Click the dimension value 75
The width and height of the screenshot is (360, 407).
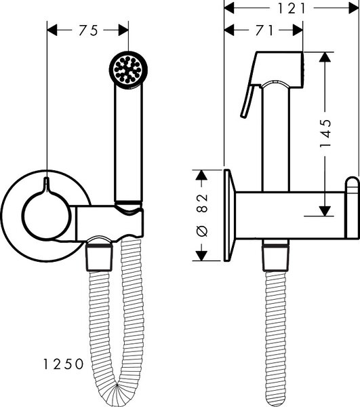click(88, 30)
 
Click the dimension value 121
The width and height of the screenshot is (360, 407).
click(292, 9)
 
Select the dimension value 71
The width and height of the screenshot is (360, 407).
click(264, 30)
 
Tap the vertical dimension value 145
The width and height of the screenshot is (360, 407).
click(325, 133)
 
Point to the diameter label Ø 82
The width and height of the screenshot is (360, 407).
click(202, 215)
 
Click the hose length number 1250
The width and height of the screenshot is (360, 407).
click(63, 364)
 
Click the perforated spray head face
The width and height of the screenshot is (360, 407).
click(128, 70)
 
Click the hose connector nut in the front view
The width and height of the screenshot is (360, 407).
click(100, 258)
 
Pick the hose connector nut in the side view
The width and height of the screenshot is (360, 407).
click(275, 258)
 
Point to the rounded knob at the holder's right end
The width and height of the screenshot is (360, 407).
click(353, 208)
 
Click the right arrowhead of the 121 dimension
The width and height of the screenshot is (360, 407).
click(354, 8)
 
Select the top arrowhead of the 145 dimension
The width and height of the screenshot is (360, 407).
click(325, 57)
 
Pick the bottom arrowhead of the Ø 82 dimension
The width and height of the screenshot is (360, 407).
click(201, 256)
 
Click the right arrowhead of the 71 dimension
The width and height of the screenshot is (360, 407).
click(298, 30)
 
